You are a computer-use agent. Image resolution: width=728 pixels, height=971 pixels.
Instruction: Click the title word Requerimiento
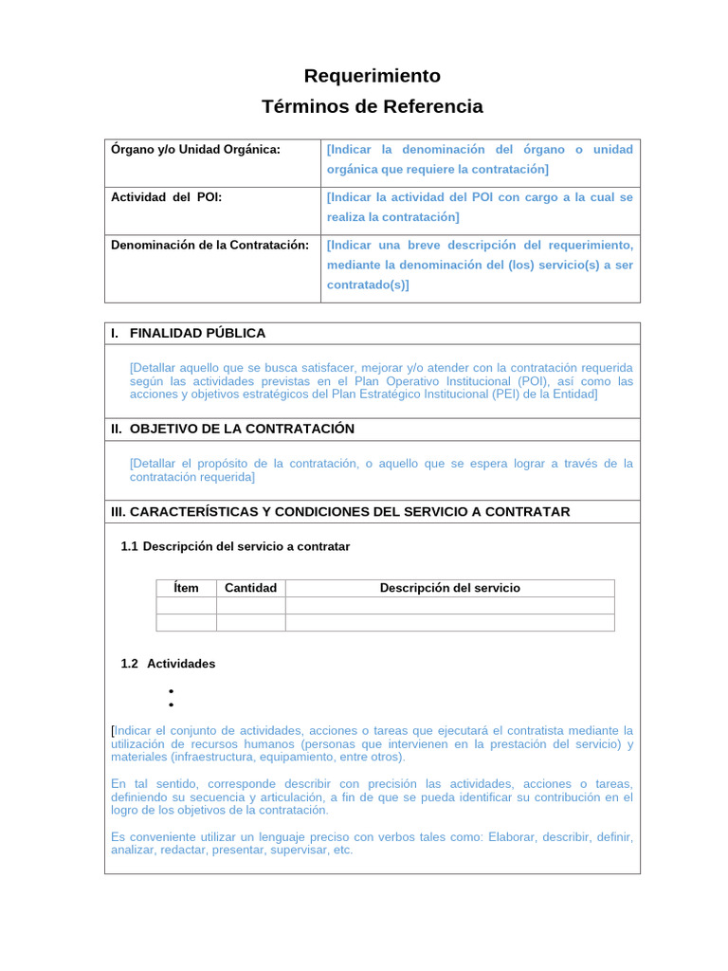click(x=372, y=76)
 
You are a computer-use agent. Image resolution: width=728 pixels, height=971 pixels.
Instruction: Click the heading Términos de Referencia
click(x=372, y=106)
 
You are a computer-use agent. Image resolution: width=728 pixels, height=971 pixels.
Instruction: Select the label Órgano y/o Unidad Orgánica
click(x=195, y=150)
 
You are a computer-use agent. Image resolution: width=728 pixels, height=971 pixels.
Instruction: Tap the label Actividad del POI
click(x=166, y=197)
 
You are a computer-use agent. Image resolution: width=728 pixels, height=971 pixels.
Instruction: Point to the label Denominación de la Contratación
click(x=209, y=245)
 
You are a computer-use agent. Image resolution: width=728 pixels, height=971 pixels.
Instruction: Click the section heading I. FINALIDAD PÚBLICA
click(x=188, y=334)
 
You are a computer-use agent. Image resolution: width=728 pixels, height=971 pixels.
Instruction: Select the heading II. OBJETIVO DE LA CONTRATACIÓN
click(x=232, y=429)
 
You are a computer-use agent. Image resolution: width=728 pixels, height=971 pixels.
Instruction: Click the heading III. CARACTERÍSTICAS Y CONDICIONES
click(x=340, y=512)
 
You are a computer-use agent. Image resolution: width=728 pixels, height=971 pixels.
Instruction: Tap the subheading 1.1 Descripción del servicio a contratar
click(x=235, y=547)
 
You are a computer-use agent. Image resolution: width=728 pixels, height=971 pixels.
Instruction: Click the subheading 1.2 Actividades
click(x=168, y=664)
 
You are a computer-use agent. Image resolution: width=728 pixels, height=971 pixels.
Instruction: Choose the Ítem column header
click(x=187, y=588)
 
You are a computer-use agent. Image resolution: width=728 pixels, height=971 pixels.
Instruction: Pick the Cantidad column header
click(x=250, y=588)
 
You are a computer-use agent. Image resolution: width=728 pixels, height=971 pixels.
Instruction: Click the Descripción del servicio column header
click(x=449, y=588)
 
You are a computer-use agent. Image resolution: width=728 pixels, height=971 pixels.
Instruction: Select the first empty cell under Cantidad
click(x=250, y=606)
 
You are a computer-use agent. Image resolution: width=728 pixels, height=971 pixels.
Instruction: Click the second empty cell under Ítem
click(x=187, y=623)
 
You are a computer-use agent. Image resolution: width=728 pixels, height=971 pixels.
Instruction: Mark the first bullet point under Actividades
click(x=171, y=691)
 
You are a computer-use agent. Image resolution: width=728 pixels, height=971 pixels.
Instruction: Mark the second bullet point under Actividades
click(x=171, y=705)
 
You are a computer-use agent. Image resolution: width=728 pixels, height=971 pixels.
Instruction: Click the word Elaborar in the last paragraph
click(x=514, y=837)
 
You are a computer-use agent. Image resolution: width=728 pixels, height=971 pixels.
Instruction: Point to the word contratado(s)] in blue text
click(x=368, y=284)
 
